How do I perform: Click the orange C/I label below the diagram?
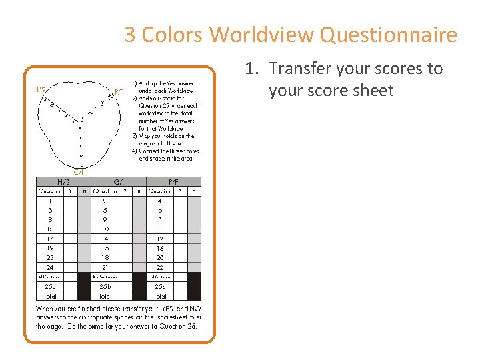coord(78,171)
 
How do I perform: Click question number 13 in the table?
coord(50,229)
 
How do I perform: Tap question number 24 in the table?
coord(50,267)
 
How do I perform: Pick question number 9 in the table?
coord(105,219)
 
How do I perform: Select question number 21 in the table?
coord(105,267)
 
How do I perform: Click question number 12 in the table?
coord(160,238)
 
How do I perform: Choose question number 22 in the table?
coord(160,267)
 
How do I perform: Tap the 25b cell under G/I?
coord(105,286)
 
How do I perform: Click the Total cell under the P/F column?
coord(160,295)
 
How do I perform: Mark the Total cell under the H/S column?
coord(50,295)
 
